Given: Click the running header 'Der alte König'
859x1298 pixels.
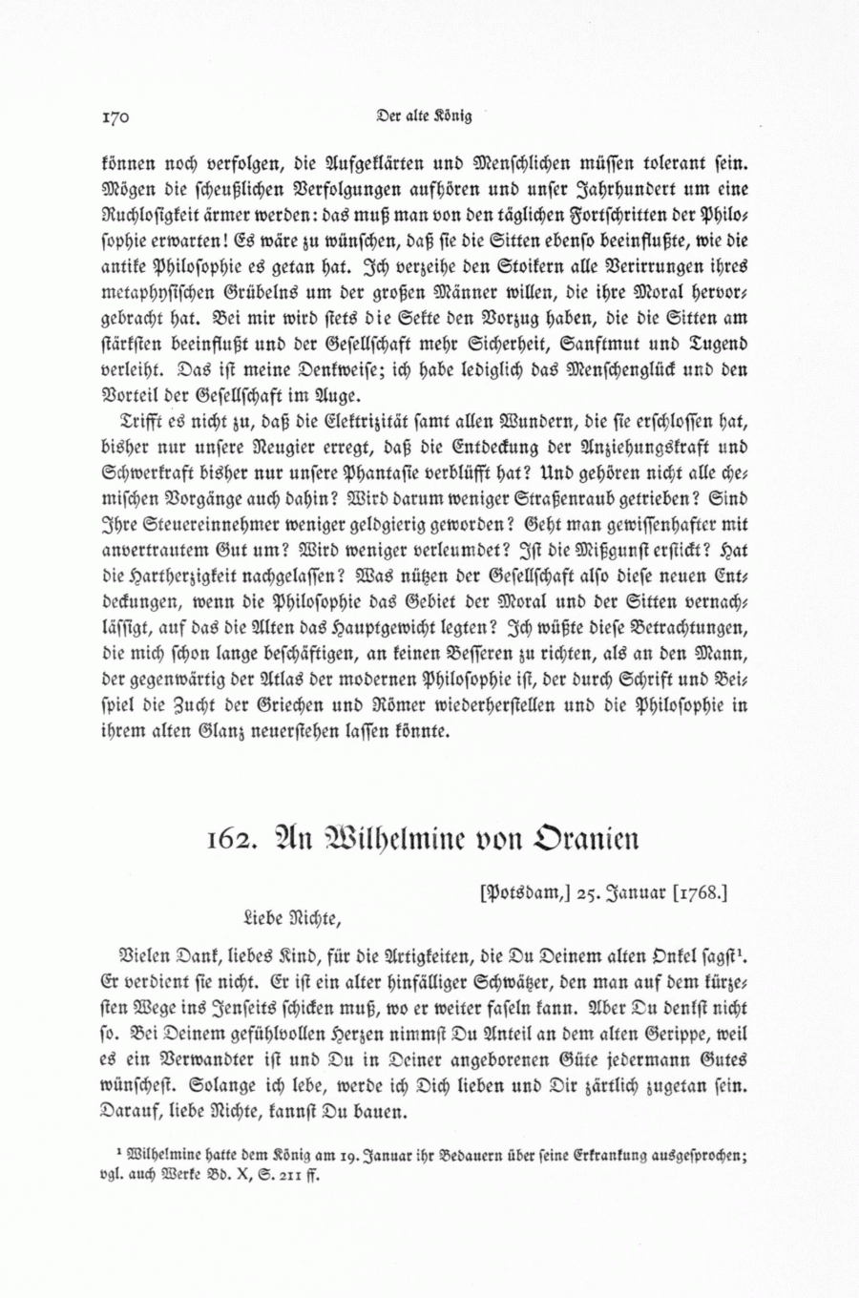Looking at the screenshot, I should (x=424, y=117).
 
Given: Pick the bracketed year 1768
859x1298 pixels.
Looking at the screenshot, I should (x=701, y=893).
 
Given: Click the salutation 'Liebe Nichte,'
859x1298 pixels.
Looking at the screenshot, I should (x=292, y=920).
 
